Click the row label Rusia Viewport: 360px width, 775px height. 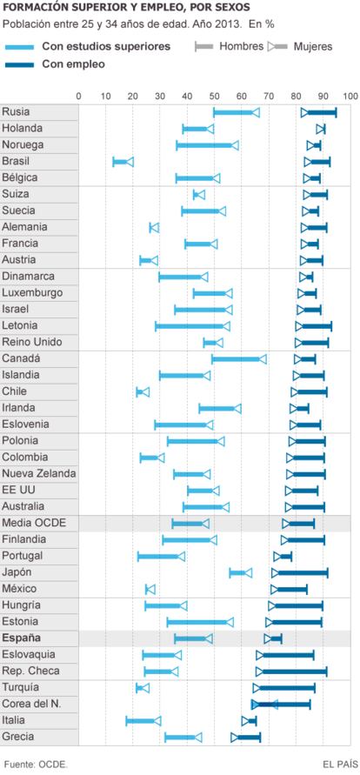tap(16, 111)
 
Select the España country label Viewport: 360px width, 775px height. tap(22, 638)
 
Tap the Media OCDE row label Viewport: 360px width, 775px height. tap(34, 523)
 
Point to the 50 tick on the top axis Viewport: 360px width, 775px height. tap(214, 96)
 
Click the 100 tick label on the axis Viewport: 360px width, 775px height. tap(350, 96)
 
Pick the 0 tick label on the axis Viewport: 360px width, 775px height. tap(78, 96)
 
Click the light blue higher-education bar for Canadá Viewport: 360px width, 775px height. tap(239, 359)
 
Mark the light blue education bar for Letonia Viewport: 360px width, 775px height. tap(192, 326)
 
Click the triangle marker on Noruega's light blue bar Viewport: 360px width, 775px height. tap(235, 145)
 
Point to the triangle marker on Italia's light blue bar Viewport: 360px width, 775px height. tap(157, 721)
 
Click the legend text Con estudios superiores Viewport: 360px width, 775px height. tap(106, 46)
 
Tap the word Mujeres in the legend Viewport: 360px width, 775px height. tap(313, 47)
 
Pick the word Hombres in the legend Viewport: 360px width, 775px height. tap(242, 46)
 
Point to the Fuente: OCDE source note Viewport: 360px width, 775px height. tap(36, 764)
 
